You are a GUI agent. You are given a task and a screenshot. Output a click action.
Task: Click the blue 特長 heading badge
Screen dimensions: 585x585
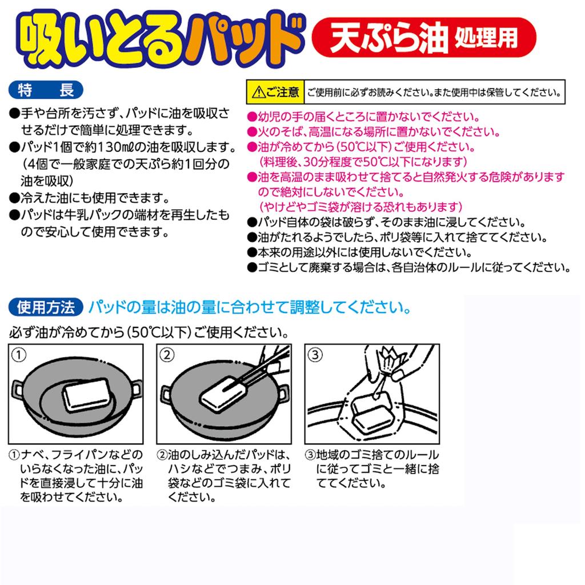46,90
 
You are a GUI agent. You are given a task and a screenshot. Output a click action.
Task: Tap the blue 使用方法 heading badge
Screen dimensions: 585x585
46,308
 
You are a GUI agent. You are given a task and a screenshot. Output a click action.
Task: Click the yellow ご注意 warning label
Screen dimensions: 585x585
274,91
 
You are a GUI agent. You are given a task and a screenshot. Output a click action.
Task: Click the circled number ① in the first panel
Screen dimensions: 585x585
19,355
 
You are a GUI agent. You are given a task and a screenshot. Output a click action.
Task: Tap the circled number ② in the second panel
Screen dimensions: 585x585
166,355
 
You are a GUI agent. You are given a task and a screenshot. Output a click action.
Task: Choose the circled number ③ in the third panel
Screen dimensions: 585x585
314,355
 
